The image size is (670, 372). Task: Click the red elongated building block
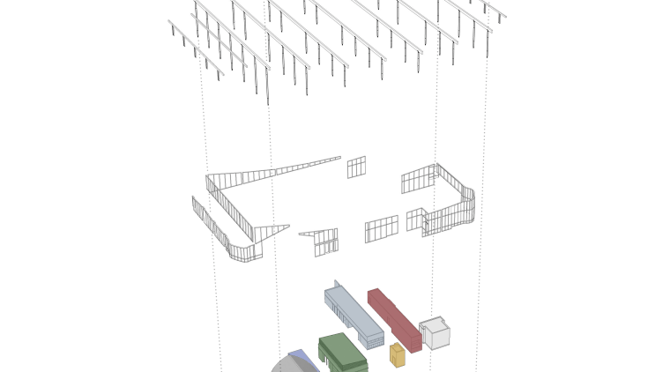point(393,319)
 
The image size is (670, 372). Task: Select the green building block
point(342,353)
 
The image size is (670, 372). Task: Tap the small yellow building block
point(398,355)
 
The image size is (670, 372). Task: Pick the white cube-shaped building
point(435,333)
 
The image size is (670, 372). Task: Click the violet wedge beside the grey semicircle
point(304,359)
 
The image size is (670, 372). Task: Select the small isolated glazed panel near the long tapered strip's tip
point(356,167)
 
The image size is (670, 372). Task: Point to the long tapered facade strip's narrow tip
point(338,158)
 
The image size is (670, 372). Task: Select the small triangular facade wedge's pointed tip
point(287,227)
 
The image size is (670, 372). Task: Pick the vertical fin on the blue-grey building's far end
point(336,285)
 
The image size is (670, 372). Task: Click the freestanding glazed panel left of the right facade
point(381,228)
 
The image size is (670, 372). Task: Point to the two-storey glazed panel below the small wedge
point(325,242)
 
